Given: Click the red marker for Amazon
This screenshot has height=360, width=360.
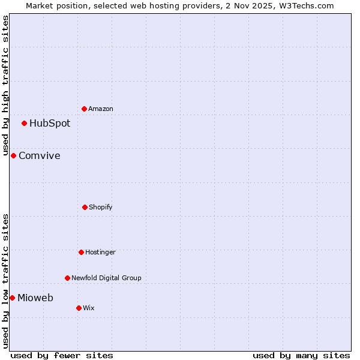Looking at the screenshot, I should [x=84, y=109].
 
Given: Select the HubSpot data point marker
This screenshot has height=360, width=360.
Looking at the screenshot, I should [x=24, y=123].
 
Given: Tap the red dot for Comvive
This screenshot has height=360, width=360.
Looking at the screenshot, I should [x=13, y=155].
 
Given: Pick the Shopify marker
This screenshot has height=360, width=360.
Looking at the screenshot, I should [x=85, y=207].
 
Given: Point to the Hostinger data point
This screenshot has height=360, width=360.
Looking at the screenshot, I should [x=81, y=252].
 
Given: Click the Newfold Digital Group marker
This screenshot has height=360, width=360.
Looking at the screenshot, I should [x=67, y=278].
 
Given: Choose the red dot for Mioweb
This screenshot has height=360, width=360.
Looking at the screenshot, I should [x=12, y=298].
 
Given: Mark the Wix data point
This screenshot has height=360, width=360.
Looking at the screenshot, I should [x=79, y=308].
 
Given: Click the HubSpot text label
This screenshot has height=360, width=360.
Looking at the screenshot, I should [x=50, y=124].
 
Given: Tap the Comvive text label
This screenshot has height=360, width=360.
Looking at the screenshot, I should [x=40, y=156].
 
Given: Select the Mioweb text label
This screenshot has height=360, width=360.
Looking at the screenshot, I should [x=35, y=298].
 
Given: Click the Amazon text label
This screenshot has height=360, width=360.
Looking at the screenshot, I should [x=101, y=109].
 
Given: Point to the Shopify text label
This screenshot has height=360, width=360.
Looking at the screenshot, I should [x=101, y=208].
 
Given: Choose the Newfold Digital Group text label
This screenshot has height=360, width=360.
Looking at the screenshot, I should [x=106, y=278].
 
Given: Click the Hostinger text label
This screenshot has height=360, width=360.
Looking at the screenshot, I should [x=100, y=253].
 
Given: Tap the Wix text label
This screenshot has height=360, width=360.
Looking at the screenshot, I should [x=89, y=308].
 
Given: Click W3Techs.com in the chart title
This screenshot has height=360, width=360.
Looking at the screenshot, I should [x=308, y=5].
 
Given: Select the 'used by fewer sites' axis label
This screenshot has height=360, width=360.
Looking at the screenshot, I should [x=62, y=355].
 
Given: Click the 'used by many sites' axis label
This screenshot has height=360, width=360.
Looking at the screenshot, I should [x=301, y=355].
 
